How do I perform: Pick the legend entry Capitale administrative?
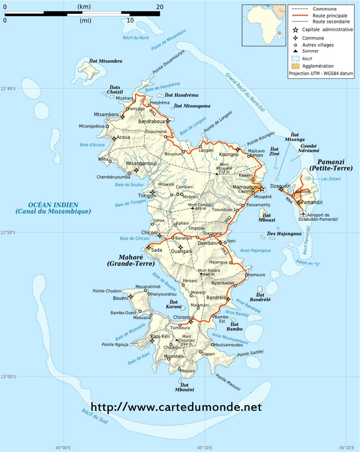point(323,30)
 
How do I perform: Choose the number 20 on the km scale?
point(159,6)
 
